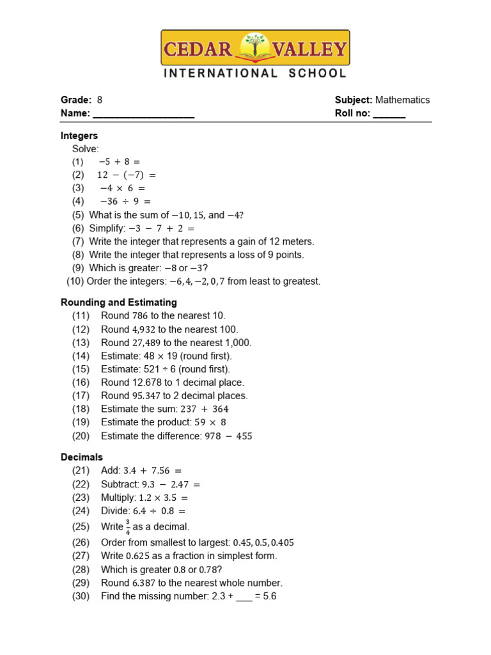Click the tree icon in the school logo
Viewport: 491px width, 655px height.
coord(254,49)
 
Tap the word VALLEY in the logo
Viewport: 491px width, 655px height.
coord(309,49)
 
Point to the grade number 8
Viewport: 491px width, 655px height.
coord(100,100)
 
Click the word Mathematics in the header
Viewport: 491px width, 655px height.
coord(402,100)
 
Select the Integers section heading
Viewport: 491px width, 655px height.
coord(79,136)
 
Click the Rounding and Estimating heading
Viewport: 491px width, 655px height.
coord(119,303)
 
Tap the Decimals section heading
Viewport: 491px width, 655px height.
coord(82,457)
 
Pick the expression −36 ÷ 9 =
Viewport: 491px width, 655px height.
coord(125,202)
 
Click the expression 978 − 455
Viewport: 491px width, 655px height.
coord(228,436)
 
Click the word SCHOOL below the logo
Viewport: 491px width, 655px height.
coord(316,74)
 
